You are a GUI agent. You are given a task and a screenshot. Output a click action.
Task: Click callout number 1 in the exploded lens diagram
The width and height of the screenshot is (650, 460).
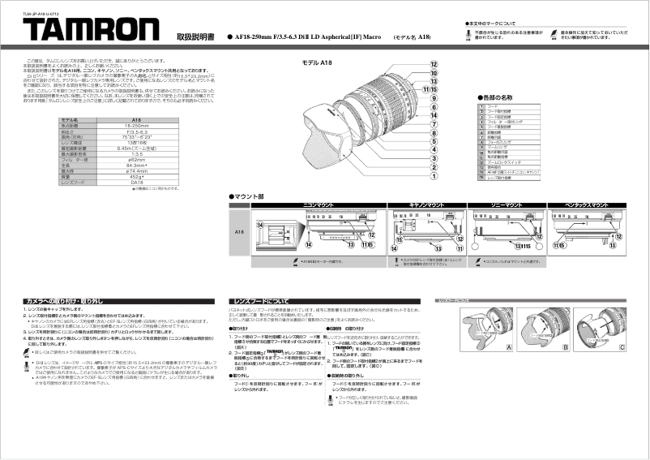point(434,176)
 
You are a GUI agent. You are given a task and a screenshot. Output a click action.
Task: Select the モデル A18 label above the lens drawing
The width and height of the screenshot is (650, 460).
point(318,63)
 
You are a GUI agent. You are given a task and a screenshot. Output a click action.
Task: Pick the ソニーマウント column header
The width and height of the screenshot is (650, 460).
point(501,205)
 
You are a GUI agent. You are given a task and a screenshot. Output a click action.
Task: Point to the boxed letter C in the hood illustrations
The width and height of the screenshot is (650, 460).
point(622,346)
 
